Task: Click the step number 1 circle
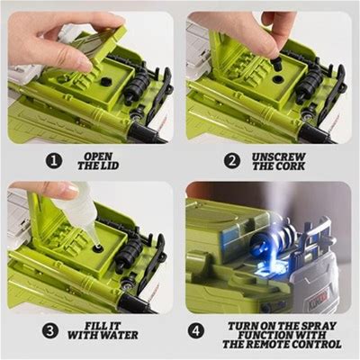coord(54,161)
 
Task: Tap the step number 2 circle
coord(232,161)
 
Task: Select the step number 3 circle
coord(50,331)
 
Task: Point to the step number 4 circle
coord(196,331)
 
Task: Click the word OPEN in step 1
coord(98,157)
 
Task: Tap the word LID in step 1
coord(111,166)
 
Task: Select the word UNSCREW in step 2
coord(279,157)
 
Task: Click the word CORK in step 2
coord(291,166)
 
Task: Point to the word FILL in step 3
coord(95,326)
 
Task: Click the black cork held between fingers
coord(276,63)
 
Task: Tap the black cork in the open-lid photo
coord(106,81)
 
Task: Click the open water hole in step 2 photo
coord(278,79)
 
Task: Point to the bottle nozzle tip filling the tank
coord(97,245)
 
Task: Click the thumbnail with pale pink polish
coord(70,189)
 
